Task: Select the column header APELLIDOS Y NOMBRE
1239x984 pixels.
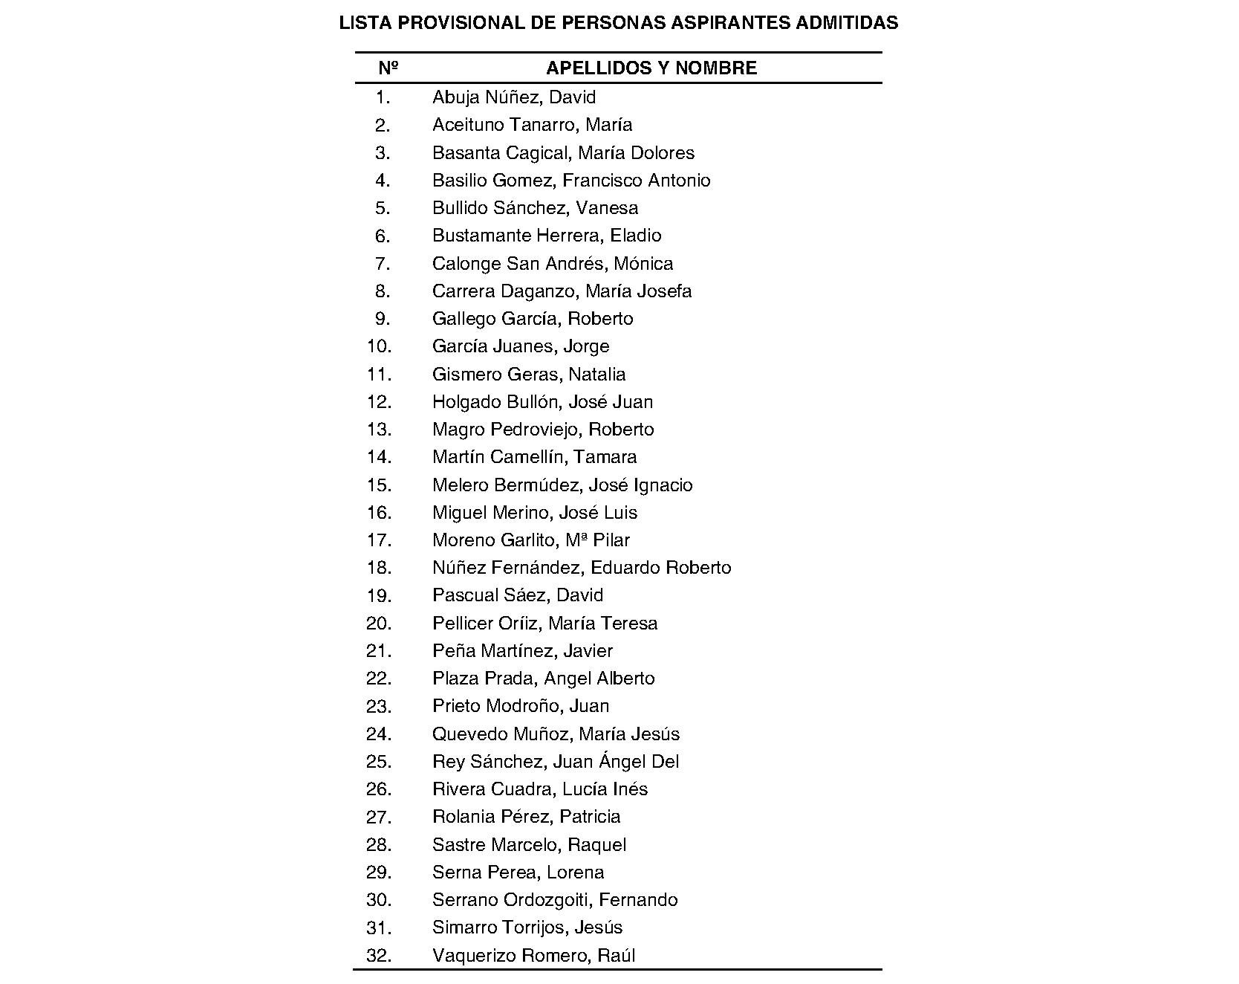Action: pos(651,68)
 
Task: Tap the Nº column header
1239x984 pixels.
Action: pos(388,68)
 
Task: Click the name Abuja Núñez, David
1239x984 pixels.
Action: pos(514,97)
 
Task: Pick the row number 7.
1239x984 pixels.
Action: pos(382,264)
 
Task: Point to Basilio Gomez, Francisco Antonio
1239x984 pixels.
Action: pos(571,181)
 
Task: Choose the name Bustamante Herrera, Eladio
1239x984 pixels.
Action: pos(547,236)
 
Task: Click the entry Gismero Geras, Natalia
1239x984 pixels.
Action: pos(529,375)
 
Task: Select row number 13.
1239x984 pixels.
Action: pos(379,430)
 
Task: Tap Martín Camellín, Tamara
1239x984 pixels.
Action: pos(534,457)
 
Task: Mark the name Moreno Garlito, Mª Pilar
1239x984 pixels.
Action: pos(531,540)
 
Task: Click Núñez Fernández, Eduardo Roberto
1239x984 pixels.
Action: pos(582,568)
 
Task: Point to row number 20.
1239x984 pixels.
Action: pos(379,624)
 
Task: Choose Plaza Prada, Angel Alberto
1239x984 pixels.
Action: pos(544,679)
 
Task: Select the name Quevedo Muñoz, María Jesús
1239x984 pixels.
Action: pos(556,734)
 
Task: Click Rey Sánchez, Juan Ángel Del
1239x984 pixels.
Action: pos(556,762)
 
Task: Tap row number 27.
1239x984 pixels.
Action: pos(379,818)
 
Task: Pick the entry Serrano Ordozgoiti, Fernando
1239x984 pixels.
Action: pos(555,900)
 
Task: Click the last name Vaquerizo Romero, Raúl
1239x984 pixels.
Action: pos(533,956)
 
